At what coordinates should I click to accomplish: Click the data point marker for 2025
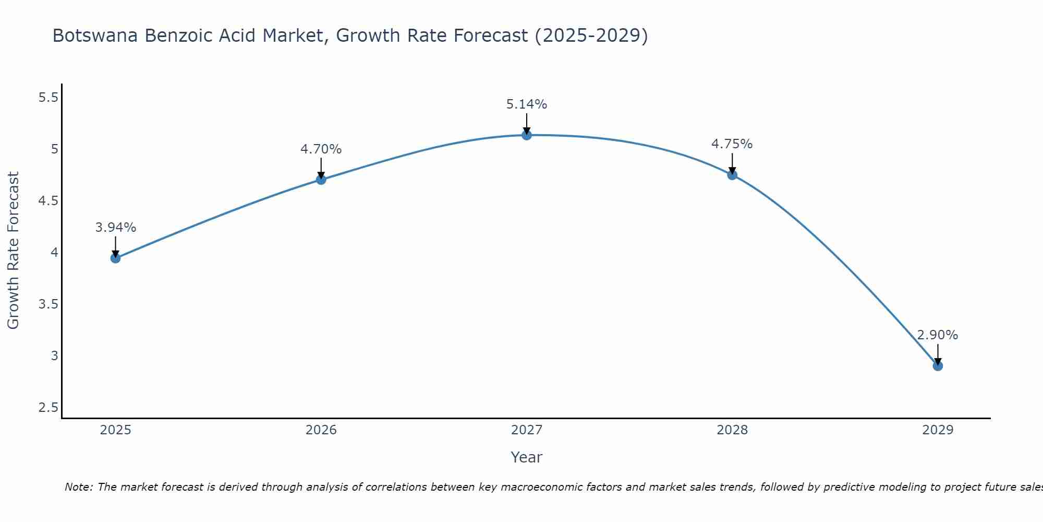tap(116, 258)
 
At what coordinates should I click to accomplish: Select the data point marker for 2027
tap(527, 135)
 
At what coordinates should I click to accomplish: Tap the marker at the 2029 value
tap(938, 366)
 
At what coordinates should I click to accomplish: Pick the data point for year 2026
tap(321, 180)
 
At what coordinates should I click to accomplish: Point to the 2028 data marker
tap(732, 175)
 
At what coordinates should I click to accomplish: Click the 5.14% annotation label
tap(527, 104)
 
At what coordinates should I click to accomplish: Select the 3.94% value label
tap(116, 228)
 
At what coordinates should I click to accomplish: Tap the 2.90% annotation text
tap(938, 335)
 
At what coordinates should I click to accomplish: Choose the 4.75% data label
tap(732, 144)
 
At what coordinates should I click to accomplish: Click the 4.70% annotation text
tap(321, 149)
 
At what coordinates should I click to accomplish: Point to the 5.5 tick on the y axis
tap(48, 98)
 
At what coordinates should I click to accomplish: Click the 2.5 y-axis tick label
tap(48, 408)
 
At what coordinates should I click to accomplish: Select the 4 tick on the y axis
tap(54, 253)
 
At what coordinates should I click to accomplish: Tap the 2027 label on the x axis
tap(527, 430)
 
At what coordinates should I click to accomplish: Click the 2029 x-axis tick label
tap(938, 430)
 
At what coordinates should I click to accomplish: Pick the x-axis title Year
tap(527, 457)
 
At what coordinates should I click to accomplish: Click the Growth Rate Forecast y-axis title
tap(14, 251)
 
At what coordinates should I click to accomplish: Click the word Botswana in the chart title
tap(96, 35)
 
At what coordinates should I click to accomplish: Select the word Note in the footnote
tap(78, 487)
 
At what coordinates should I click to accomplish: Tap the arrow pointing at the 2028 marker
tap(732, 163)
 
